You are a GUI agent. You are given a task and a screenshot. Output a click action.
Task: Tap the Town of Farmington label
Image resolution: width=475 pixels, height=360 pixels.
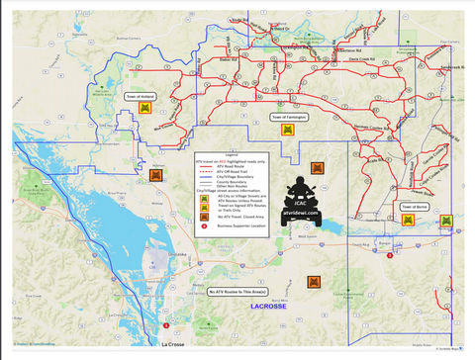(x=289, y=117)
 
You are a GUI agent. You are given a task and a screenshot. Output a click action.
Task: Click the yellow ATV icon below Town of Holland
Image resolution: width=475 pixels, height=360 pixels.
(x=144, y=110)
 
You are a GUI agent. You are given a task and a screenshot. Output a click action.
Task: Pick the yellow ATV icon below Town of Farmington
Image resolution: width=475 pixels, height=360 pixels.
(x=287, y=130)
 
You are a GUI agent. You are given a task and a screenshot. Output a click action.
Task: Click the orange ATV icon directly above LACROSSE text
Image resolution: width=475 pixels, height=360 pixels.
(x=314, y=282)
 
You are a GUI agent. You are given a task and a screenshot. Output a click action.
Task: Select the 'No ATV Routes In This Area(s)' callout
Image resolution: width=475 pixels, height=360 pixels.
(x=238, y=293)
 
